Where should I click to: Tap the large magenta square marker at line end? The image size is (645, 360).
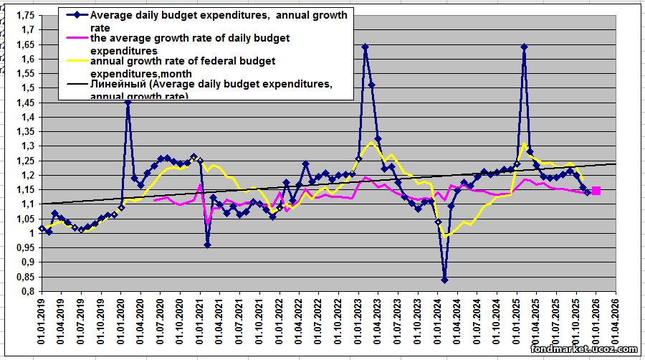tap(596, 191)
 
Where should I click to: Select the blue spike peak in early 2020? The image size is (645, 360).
tap(128, 103)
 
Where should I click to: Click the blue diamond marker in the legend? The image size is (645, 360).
tap(76, 15)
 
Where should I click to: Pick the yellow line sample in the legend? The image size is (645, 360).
tap(76, 61)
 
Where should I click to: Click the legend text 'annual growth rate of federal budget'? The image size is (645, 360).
tap(183, 61)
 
